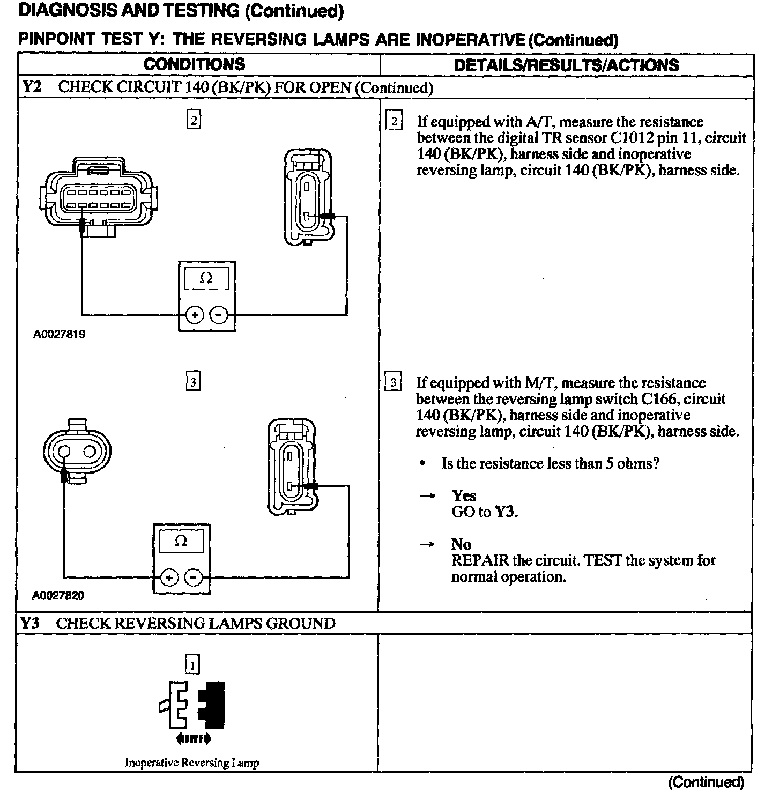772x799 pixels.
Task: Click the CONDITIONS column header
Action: pos(194,64)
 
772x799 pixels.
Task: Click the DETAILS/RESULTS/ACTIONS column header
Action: pos(566,65)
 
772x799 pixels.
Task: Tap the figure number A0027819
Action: pos(59,335)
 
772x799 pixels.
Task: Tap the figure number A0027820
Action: pos(58,595)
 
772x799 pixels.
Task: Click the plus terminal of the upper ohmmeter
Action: pos(195,315)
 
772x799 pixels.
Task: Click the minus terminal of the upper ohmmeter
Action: pos(219,315)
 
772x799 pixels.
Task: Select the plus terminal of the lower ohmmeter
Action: pos(169,578)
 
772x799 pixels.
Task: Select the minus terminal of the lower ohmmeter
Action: pos(194,578)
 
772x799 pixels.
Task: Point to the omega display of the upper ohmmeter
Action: pos(206,279)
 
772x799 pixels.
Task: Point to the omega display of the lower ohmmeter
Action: pos(181,542)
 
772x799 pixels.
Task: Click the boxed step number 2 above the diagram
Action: pos(194,120)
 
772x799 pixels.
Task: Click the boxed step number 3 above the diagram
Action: pos(193,382)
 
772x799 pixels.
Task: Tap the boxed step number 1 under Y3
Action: pos(191,665)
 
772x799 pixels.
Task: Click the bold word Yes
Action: pos(464,495)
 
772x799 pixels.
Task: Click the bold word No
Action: pos(461,544)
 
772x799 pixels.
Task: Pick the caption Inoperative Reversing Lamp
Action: pos(192,763)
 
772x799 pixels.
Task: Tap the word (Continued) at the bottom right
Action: pos(706,782)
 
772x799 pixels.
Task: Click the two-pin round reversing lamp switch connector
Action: pos(77,450)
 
